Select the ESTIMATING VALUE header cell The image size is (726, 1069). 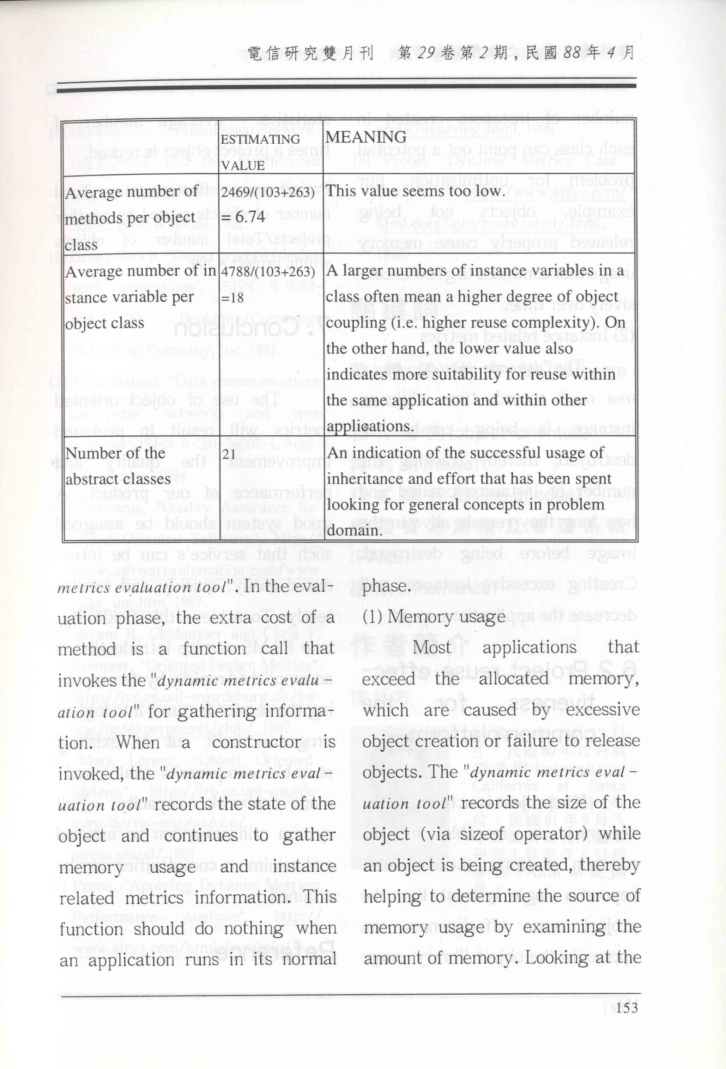pyautogui.click(x=260, y=152)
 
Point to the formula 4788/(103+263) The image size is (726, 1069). pyautogui.click(x=268, y=271)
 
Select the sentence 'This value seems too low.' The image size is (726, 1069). pyautogui.click(x=415, y=190)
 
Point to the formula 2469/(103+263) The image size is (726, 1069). pyautogui.click(x=268, y=191)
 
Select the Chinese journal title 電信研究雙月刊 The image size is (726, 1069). pyautogui.click(x=310, y=53)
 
